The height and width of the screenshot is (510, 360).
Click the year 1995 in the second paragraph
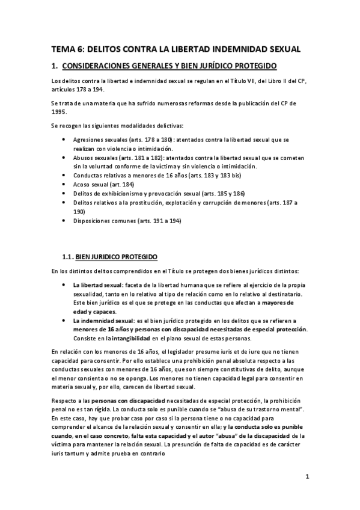tap(60, 111)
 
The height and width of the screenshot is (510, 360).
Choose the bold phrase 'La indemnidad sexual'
tap(100, 321)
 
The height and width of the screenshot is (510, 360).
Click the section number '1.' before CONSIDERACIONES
tap(53, 66)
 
